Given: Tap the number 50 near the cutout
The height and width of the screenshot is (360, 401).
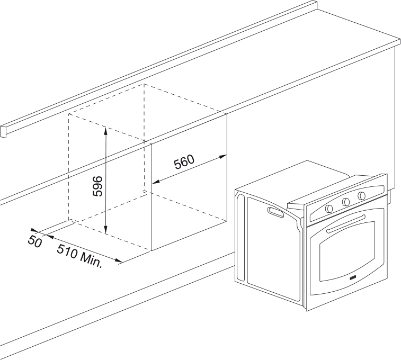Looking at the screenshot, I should [35, 241].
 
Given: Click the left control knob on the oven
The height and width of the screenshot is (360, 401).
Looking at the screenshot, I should [329, 208].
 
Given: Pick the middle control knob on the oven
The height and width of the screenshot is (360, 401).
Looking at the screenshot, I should [346, 202].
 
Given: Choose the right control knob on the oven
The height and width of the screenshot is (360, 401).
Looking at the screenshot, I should [362, 196].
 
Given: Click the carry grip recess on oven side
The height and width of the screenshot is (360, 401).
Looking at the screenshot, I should [275, 213].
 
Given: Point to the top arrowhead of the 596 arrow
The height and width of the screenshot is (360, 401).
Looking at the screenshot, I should [106, 129].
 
